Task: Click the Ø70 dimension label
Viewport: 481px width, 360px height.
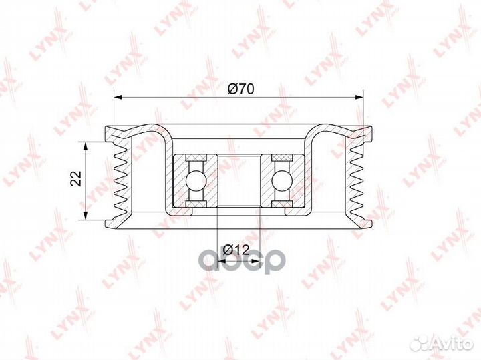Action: (240, 89)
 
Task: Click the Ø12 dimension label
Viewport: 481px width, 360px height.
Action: (236, 250)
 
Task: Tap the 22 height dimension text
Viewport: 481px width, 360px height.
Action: (75, 178)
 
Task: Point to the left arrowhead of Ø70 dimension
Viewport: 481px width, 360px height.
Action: (118, 98)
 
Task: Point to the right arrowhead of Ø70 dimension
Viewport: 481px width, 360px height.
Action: (359, 98)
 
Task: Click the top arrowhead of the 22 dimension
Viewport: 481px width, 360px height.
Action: (86, 146)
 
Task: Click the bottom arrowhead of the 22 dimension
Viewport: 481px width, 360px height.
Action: (86, 216)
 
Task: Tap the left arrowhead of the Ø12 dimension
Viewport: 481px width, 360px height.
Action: (222, 262)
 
